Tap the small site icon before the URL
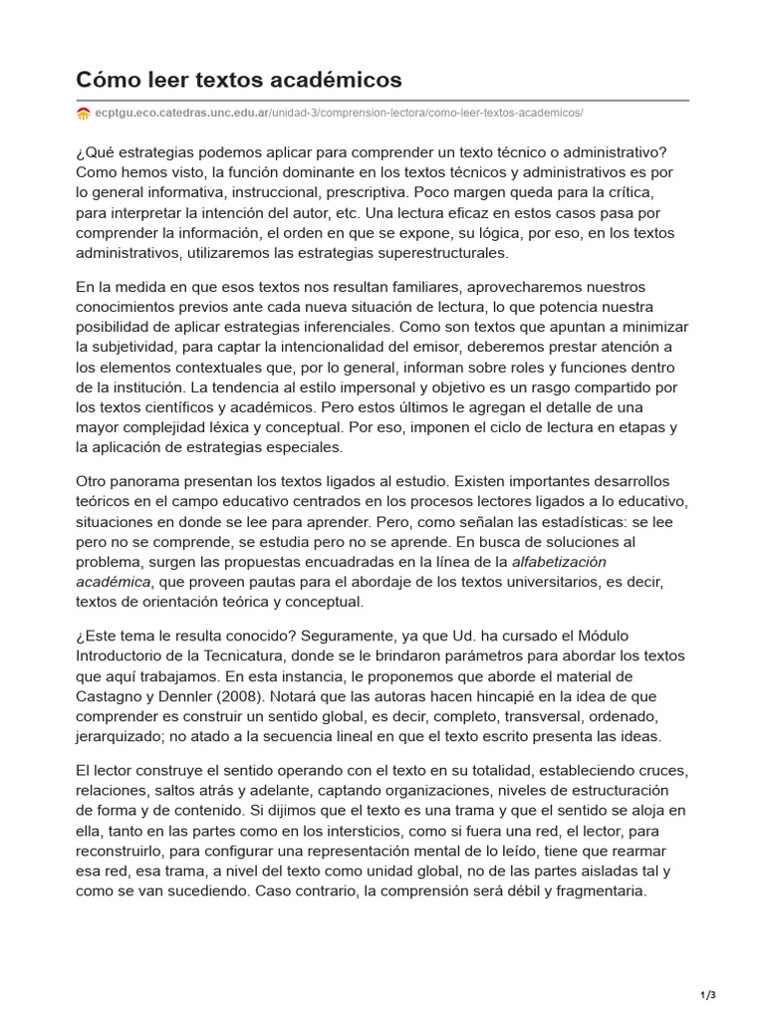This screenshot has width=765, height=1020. [84, 114]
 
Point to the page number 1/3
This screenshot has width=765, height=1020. [709, 995]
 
